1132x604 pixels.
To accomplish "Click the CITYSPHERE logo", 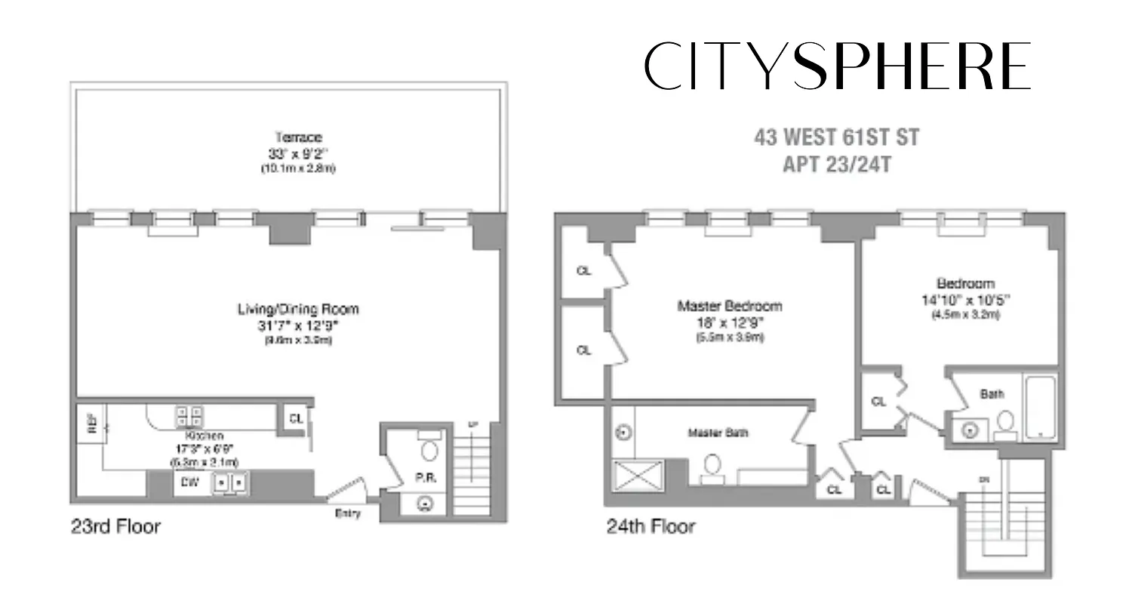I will point(838,66).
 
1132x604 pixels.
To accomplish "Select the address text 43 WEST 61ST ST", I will point(836,138).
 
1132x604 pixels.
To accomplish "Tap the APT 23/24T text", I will point(836,164).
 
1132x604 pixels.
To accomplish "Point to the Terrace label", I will point(298,137).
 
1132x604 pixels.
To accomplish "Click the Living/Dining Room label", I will point(298,309).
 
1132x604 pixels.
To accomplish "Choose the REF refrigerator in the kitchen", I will point(91,425).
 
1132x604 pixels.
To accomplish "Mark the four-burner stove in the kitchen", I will point(189,415).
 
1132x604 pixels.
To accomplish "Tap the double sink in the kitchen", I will point(230,482).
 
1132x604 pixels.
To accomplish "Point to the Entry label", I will point(348,514).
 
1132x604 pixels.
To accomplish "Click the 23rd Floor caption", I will point(115,526).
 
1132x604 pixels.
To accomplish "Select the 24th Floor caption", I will point(651,526).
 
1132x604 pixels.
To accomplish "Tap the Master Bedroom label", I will point(729,307).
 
